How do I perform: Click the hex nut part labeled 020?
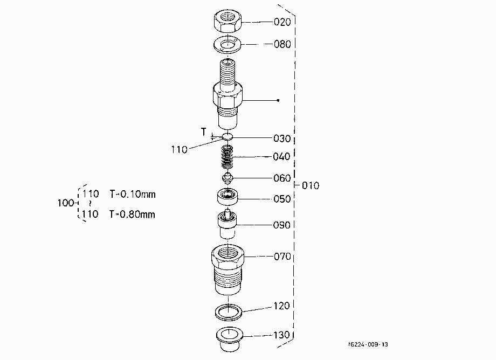pyautogui.click(x=228, y=21)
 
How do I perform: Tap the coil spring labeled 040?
pyautogui.click(x=227, y=157)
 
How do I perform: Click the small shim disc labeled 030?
pyautogui.click(x=228, y=136)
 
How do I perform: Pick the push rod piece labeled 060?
pyautogui.click(x=227, y=178)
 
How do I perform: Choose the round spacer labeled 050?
pyautogui.click(x=228, y=197)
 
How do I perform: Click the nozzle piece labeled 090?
pyautogui.click(x=227, y=224)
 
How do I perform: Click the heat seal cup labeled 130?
pyautogui.click(x=229, y=338)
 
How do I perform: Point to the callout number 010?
pyautogui.click(x=311, y=185)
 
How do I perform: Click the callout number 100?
pyautogui.click(x=66, y=203)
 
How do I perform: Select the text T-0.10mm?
pyautogui.click(x=133, y=194)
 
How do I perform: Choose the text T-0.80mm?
pyautogui.click(x=132, y=214)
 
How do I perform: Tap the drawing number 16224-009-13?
pyautogui.click(x=368, y=344)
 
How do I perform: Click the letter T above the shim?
pyautogui.click(x=204, y=131)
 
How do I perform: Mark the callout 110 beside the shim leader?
pyautogui.click(x=180, y=149)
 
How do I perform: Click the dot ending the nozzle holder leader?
pyautogui.click(x=278, y=101)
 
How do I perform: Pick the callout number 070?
pyautogui.click(x=282, y=257)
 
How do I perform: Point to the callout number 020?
pyautogui.click(x=282, y=22)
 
